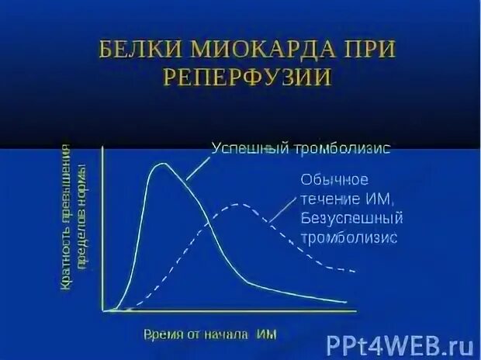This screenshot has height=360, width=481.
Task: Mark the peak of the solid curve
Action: [162, 164]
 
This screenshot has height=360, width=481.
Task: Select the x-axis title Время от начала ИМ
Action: [210, 334]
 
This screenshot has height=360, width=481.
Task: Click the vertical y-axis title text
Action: [72, 218]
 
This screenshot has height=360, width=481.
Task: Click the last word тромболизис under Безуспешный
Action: [348, 237]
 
